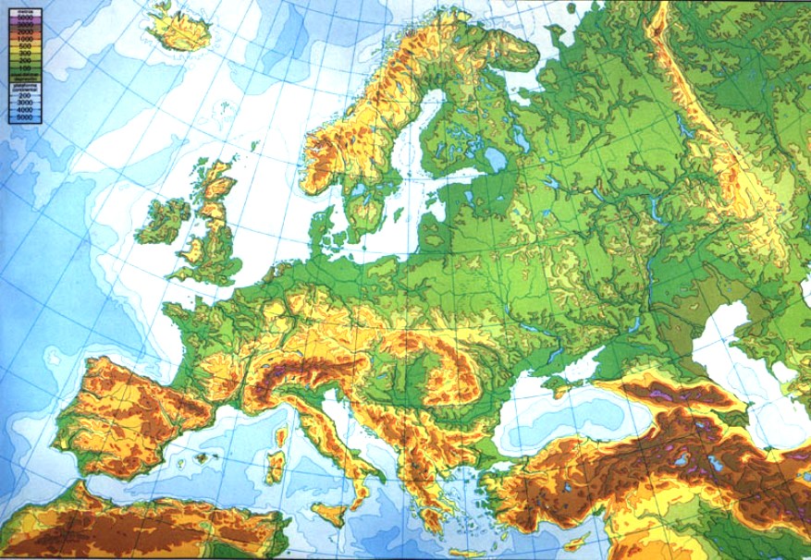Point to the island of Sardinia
pos(275,466)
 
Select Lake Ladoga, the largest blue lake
pos(497,160)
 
